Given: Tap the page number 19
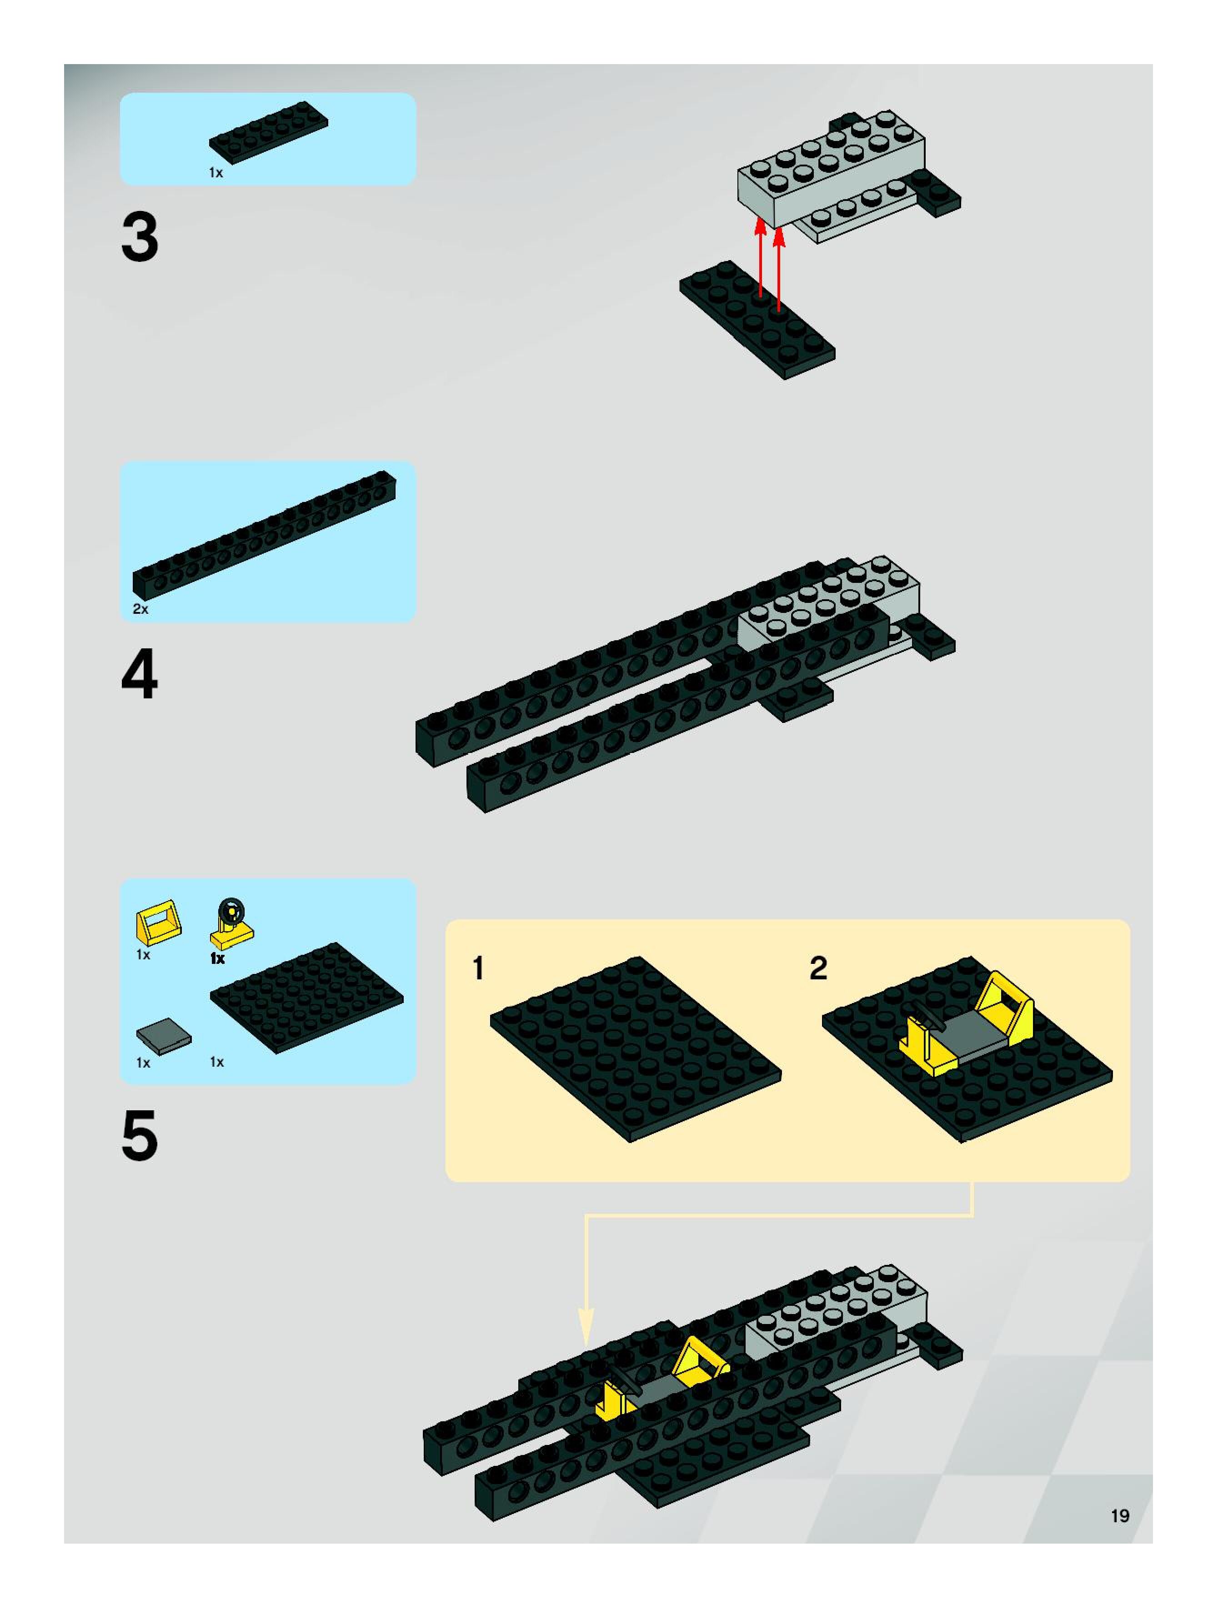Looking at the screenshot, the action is (1119, 1516).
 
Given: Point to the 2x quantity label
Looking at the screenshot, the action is (140, 609).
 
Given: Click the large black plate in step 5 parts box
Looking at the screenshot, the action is (307, 998).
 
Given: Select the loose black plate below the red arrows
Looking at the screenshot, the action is (757, 320).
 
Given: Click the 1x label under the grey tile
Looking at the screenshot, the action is (143, 1063).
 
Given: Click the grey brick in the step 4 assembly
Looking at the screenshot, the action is (829, 603).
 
